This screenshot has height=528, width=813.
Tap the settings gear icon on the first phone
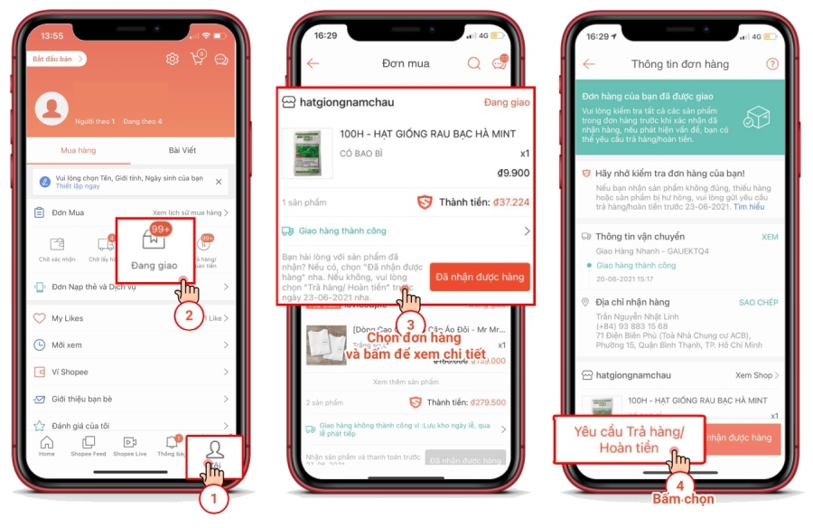pyautogui.click(x=172, y=60)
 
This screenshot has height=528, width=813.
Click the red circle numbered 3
pyautogui.click(x=410, y=324)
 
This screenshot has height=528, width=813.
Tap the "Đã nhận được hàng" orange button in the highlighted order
pyautogui.click(x=479, y=277)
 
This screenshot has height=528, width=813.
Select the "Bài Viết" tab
pyautogui.click(x=182, y=150)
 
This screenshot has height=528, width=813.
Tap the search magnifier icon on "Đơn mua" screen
pyautogui.click(x=474, y=63)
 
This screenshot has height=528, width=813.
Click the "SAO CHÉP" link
pyautogui.click(x=759, y=302)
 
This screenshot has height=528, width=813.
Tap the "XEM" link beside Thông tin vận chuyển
pyautogui.click(x=770, y=237)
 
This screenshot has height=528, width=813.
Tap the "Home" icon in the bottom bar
pyautogui.click(x=47, y=446)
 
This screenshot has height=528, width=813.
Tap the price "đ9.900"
pyautogui.click(x=513, y=173)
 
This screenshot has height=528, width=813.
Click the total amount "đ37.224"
pyautogui.click(x=511, y=203)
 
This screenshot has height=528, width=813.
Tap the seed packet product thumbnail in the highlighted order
pyautogui.click(x=305, y=154)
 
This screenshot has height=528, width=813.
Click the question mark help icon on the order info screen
pyautogui.click(x=771, y=64)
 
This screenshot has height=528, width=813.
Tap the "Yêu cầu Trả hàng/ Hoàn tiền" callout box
pyautogui.click(x=630, y=439)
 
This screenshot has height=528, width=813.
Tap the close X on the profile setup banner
pyautogui.click(x=219, y=182)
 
